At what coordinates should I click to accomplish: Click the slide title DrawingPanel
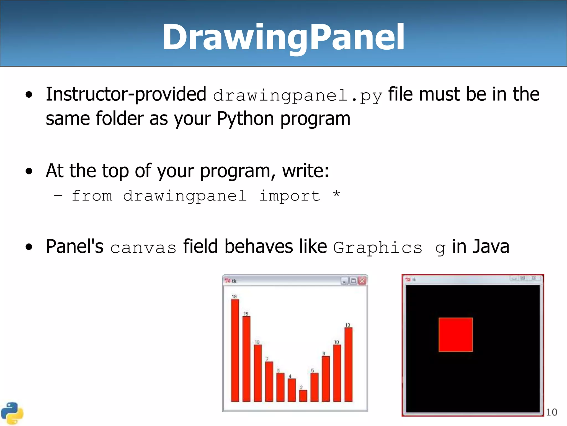click(x=283, y=37)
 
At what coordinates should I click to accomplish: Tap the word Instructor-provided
click(x=126, y=94)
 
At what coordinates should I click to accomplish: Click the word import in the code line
click(x=289, y=196)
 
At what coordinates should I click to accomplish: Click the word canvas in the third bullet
click(x=143, y=248)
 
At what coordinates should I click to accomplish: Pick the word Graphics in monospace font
click(x=378, y=247)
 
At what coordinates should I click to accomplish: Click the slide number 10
click(x=551, y=412)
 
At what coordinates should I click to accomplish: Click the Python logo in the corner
click(x=12, y=413)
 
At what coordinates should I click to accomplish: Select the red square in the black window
click(x=455, y=335)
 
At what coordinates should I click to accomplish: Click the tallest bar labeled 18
click(x=235, y=350)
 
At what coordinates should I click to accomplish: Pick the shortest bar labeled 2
click(x=303, y=396)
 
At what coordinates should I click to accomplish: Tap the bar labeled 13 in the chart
click(x=349, y=364)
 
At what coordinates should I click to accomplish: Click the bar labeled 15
click(x=246, y=359)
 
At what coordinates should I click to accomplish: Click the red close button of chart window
click(x=362, y=281)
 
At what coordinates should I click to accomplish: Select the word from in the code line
click(x=92, y=196)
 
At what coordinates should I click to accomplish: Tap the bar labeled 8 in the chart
click(x=326, y=379)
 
